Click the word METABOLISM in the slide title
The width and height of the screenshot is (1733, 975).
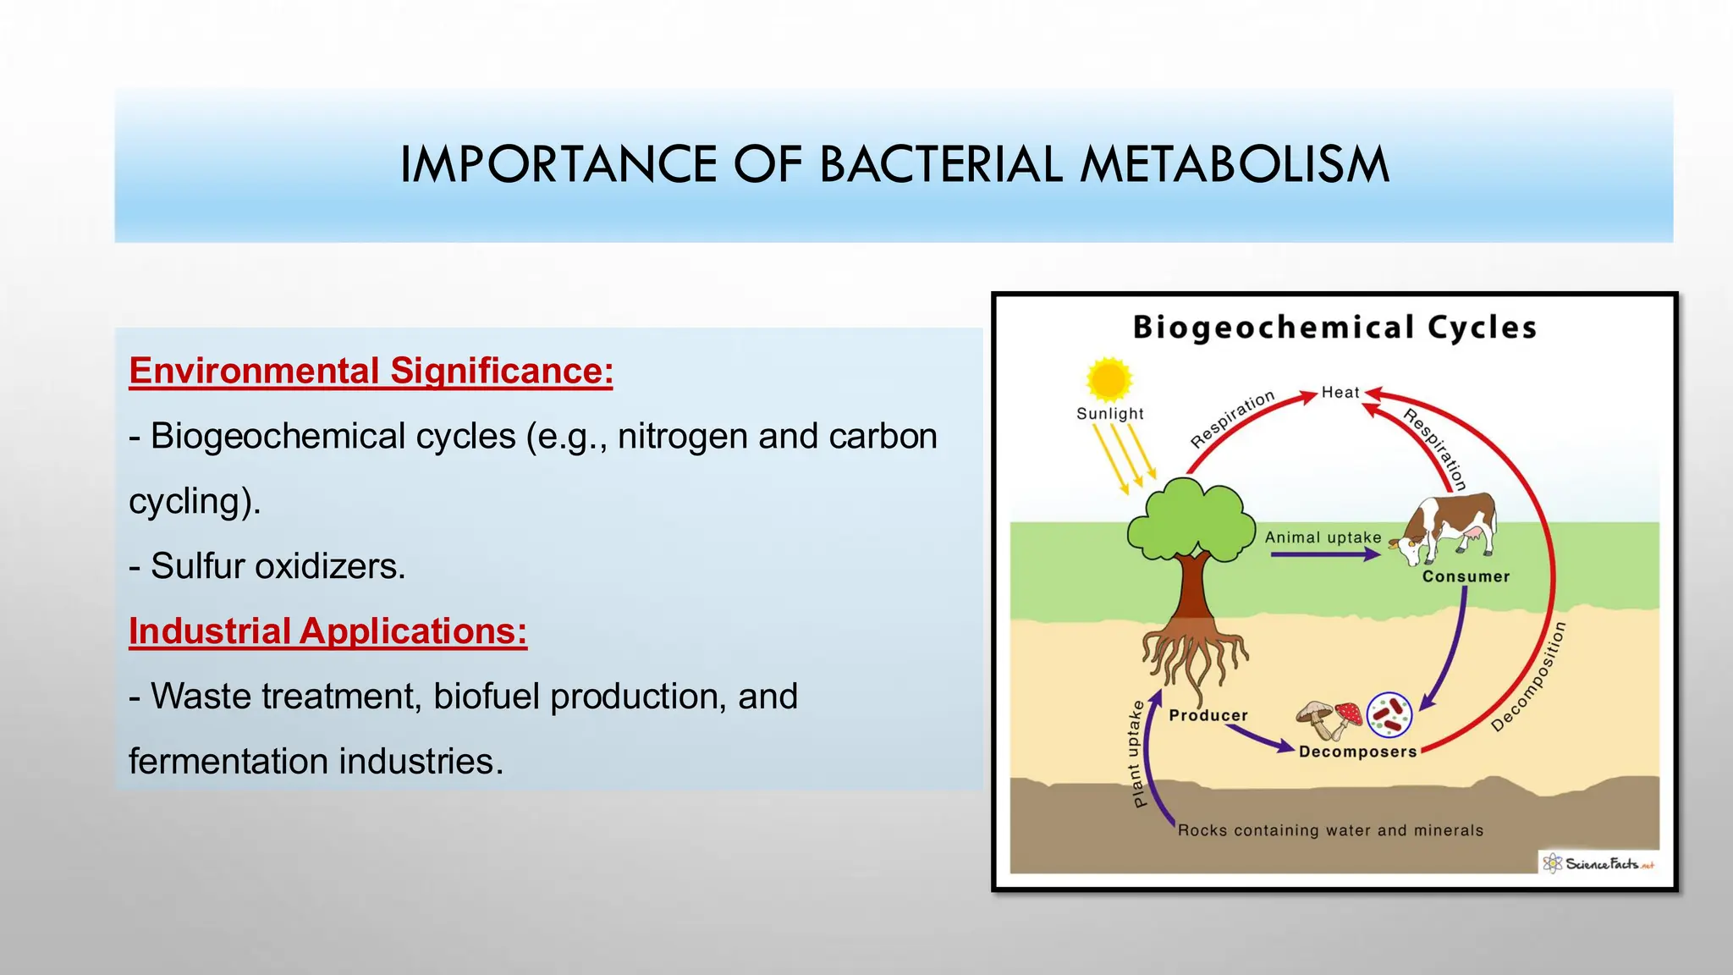pos(1235,164)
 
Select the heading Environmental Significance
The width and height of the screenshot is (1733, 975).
pos(371,372)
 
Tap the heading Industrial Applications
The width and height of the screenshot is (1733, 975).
pos(327,631)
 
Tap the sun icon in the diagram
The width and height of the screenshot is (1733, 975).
pos(1108,379)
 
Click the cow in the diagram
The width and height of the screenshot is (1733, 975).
pos(1447,528)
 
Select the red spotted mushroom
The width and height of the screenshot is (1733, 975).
pos(1349,715)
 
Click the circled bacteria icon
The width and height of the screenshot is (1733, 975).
pos(1389,714)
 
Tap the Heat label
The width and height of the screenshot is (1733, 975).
pos(1340,393)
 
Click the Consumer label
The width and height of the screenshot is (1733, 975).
pos(1466,577)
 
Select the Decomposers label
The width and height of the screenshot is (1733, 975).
pos(1357,752)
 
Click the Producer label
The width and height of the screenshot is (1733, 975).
pos(1208,716)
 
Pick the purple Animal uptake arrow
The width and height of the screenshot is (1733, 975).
pos(1324,555)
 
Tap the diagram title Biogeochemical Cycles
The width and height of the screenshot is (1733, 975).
pos(1334,328)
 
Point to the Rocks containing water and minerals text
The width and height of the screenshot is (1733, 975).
pos(1330,830)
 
